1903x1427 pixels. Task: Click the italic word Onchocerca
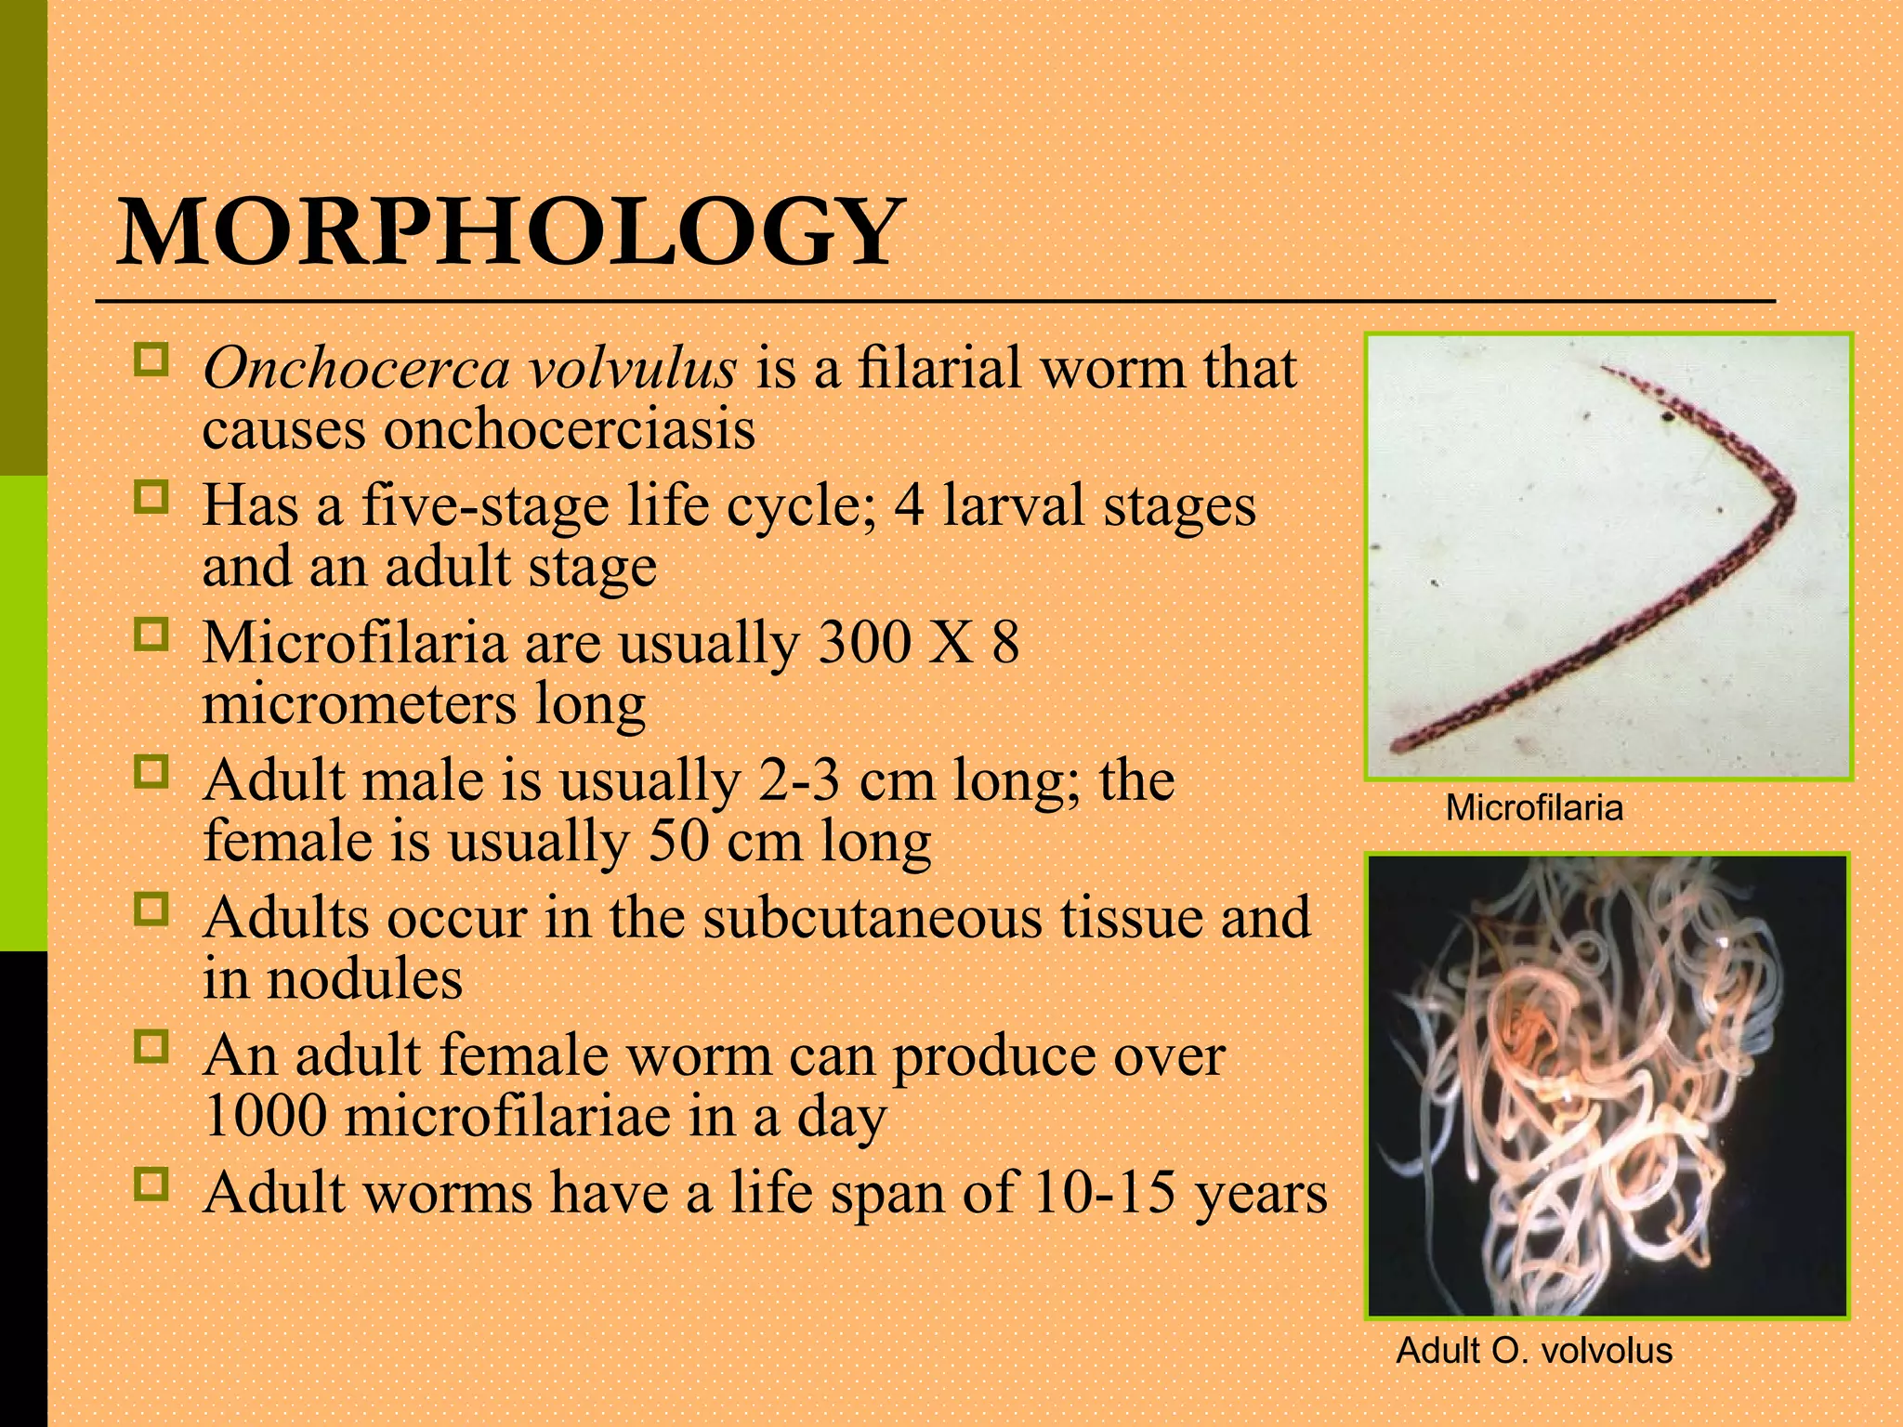[356, 368]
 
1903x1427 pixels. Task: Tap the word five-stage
[484, 506]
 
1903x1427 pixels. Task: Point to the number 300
[863, 643]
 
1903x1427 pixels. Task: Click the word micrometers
[359, 704]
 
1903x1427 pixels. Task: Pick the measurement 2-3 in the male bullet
[799, 780]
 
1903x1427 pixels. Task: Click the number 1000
[265, 1117]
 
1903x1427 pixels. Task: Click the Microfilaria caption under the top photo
[1534, 808]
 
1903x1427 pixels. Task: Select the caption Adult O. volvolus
[1534, 1351]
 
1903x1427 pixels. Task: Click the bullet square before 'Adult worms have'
[151, 1185]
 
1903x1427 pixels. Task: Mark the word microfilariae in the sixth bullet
[507, 1117]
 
